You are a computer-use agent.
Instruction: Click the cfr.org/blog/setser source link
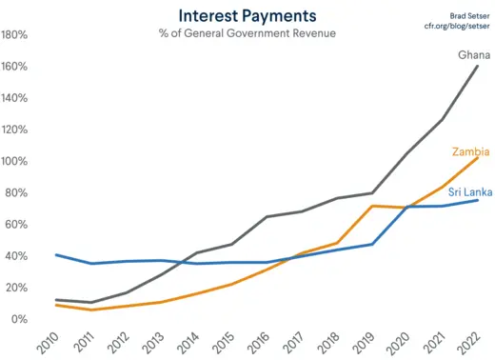pyautogui.click(x=456, y=26)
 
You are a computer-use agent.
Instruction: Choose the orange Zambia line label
pyautogui.click(x=470, y=151)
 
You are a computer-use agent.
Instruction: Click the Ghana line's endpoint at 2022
pyautogui.click(x=478, y=65)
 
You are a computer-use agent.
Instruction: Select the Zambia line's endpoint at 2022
pyautogui.click(x=478, y=156)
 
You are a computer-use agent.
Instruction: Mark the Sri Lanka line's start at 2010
pyautogui.click(x=56, y=254)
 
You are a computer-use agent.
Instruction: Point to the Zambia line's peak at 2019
pyautogui.click(x=373, y=206)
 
